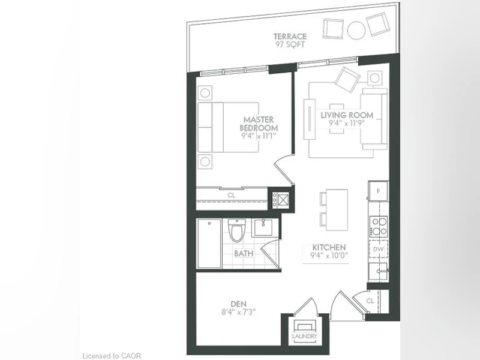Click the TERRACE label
[290, 37]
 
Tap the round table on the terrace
[356, 30]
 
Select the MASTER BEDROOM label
[259, 124]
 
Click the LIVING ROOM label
[347, 115]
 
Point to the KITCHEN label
[329, 247]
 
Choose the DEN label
[238, 304]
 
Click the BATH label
[244, 253]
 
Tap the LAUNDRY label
[305, 336]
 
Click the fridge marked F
[379, 191]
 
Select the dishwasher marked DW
[379, 249]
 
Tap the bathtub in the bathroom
[209, 244]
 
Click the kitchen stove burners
[379, 226]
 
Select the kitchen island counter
[337, 210]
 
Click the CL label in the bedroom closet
[232, 195]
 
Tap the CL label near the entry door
[370, 301]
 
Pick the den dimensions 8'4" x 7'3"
[238, 312]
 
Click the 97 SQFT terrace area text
[290, 44]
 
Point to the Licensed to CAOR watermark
[112, 356]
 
